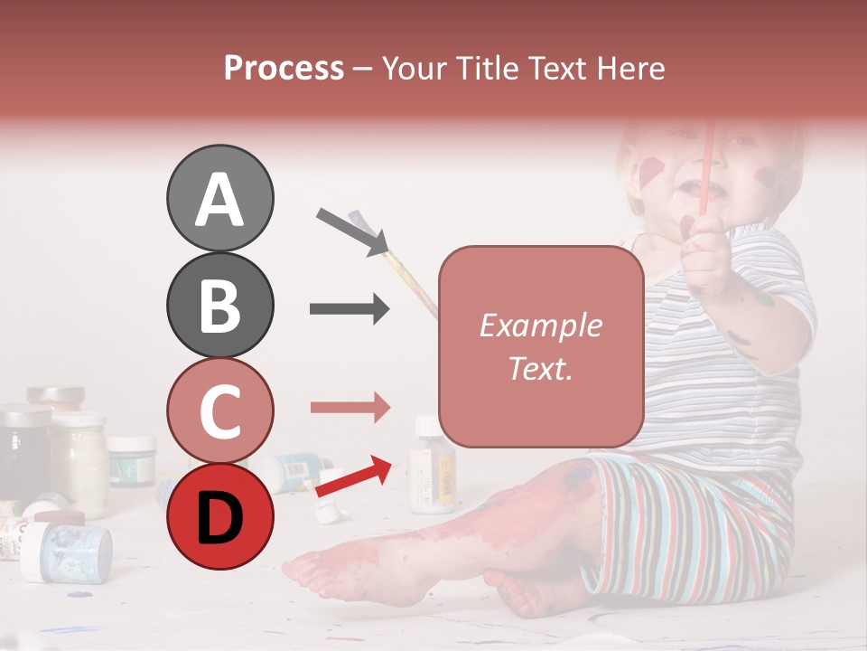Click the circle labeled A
click(x=219, y=198)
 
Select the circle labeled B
click(x=219, y=305)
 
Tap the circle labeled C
click(x=219, y=410)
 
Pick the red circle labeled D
click(x=219, y=516)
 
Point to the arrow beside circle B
click(x=350, y=309)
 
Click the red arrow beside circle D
click(x=355, y=477)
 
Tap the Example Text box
click(x=541, y=346)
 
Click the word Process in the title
click(x=284, y=68)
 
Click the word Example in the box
click(x=541, y=325)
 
